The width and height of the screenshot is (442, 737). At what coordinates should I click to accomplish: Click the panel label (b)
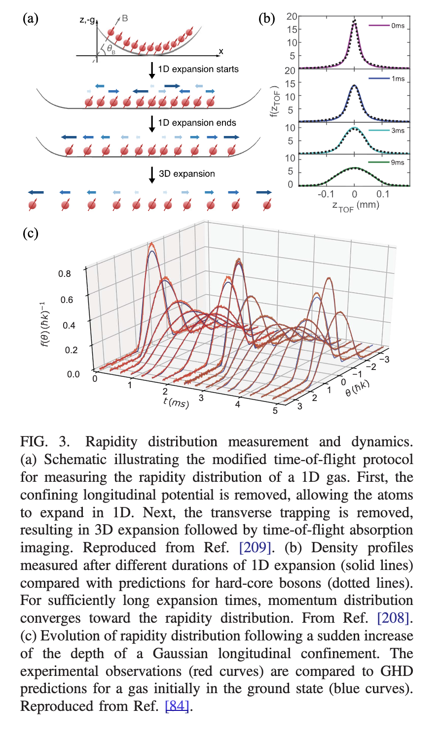267,19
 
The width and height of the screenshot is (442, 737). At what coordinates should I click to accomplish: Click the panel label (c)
31,233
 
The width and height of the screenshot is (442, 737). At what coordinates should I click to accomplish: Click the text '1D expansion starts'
198,69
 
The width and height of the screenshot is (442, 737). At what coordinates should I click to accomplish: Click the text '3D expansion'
187,174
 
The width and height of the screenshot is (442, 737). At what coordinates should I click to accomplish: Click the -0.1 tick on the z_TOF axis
326,194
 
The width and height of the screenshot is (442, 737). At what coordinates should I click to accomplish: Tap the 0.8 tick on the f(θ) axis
65,273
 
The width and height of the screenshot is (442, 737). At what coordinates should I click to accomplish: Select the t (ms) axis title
176,402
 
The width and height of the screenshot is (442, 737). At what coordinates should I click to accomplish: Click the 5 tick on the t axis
275,410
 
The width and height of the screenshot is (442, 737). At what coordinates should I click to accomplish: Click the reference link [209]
255,548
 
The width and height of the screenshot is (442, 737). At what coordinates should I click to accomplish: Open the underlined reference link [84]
177,706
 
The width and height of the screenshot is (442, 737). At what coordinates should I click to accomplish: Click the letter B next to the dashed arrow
125,18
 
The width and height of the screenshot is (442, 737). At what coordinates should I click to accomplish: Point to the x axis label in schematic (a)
221,51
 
